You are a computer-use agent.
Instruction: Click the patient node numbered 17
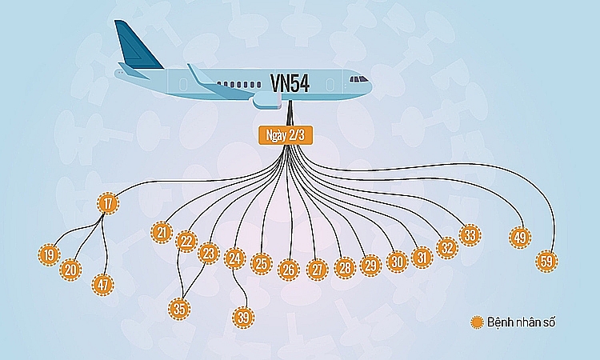point(108,203)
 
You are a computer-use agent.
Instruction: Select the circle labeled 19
point(50,255)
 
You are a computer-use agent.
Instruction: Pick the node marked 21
point(162,233)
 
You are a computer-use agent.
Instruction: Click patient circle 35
point(179,308)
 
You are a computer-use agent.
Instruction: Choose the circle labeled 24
point(234,258)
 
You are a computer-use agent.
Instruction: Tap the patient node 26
point(289,270)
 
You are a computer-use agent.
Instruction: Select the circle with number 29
point(370,265)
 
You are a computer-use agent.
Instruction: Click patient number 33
point(470,235)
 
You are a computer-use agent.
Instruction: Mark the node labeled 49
point(520,237)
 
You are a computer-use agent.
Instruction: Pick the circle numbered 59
point(547,261)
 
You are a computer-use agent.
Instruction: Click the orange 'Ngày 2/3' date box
point(282,134)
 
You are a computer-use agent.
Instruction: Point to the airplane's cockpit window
point(359,79)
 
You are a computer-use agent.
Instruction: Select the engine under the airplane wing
point(268,99)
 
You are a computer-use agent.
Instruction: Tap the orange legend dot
point(478,322)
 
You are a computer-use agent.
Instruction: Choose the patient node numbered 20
point(71,270)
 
